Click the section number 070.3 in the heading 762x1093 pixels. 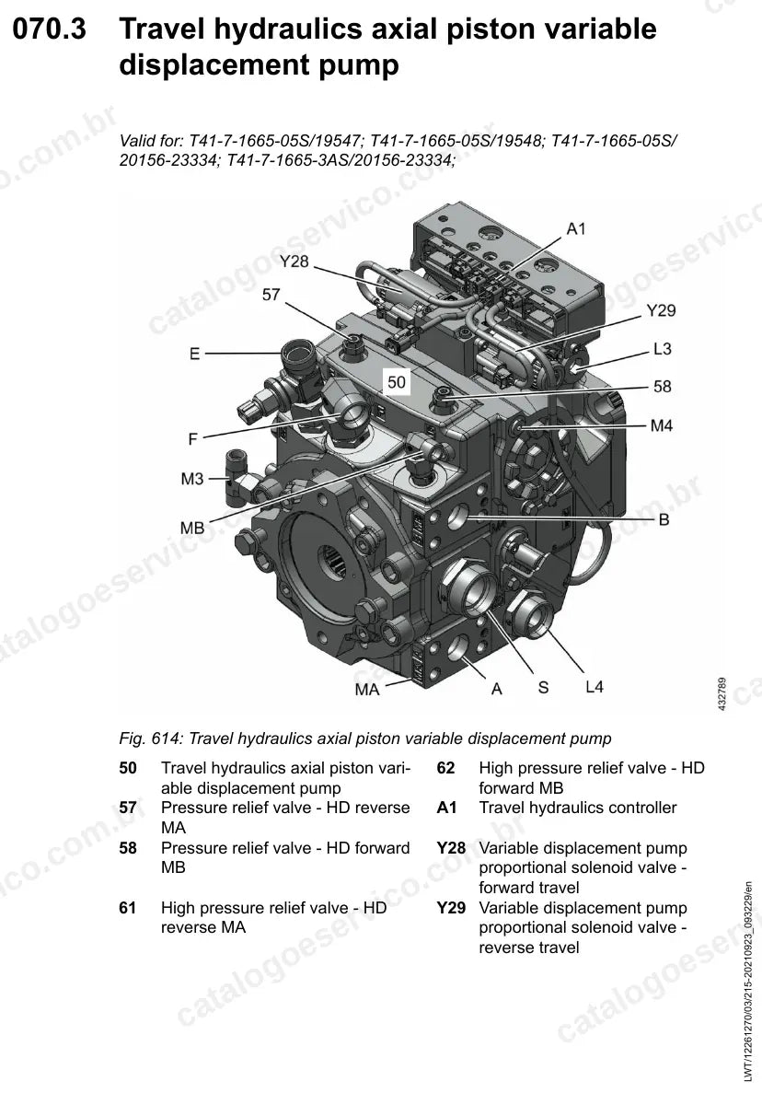pyautogui.click(x=50, y=29)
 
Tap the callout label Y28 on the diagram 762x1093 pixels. pyautogui.click(x=294, y=262)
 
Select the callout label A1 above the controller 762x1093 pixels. pyautogui.click(x=576, y=228)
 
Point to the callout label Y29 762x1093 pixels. pyautogui.click(x=660, y=310)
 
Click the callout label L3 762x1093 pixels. pyautogui.click(x=662, y=349)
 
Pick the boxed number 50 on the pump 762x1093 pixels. pyautogui.click(x=397, y=382)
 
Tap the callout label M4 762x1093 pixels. pyautogui.click(x=661, y=425)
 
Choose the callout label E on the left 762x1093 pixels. pyautogui.click(x=194, y=355)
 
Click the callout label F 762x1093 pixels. pyautogui.click(x=193, y=439)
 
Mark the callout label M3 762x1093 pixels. pyautogui.click(x=192, y=479)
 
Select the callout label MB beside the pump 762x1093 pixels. pyautogui.click(x=192, y=528)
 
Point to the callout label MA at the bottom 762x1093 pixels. pyautogui.click(x=367, y=690)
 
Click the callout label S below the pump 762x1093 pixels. pyautogui.click(x=543, y=687)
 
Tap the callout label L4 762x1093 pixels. pyautogui.click(x=595, y=687)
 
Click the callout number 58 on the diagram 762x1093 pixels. pyautogui.click(x=662, y=386)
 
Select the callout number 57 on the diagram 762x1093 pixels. pyautogui.click(x=271, y=295)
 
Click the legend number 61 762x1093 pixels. pyautogui.click(x=128, y=908)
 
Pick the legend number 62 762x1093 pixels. pyautogui.click(x=445, y=768)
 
